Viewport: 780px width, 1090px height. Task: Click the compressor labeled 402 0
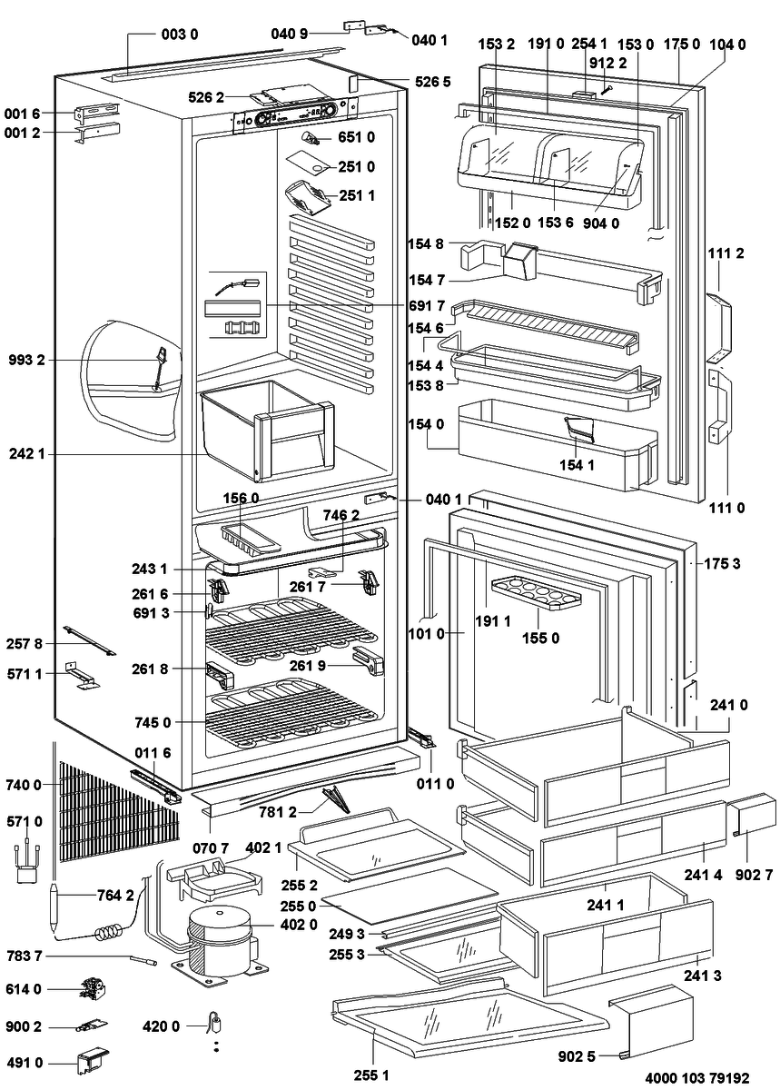(218, 942)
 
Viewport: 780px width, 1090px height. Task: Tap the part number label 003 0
(180, 35)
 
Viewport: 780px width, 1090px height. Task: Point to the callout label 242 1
(26, 454)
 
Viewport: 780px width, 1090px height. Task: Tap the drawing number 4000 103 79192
(697, 1077)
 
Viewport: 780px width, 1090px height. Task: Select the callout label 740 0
(24, 785)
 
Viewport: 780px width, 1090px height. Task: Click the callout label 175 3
(722, 563)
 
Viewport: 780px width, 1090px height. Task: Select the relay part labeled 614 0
(93, 988)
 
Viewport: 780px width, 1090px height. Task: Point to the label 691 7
(427, 305)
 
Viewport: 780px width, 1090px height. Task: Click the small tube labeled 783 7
(143, 959)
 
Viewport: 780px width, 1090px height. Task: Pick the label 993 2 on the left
(26, 360)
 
